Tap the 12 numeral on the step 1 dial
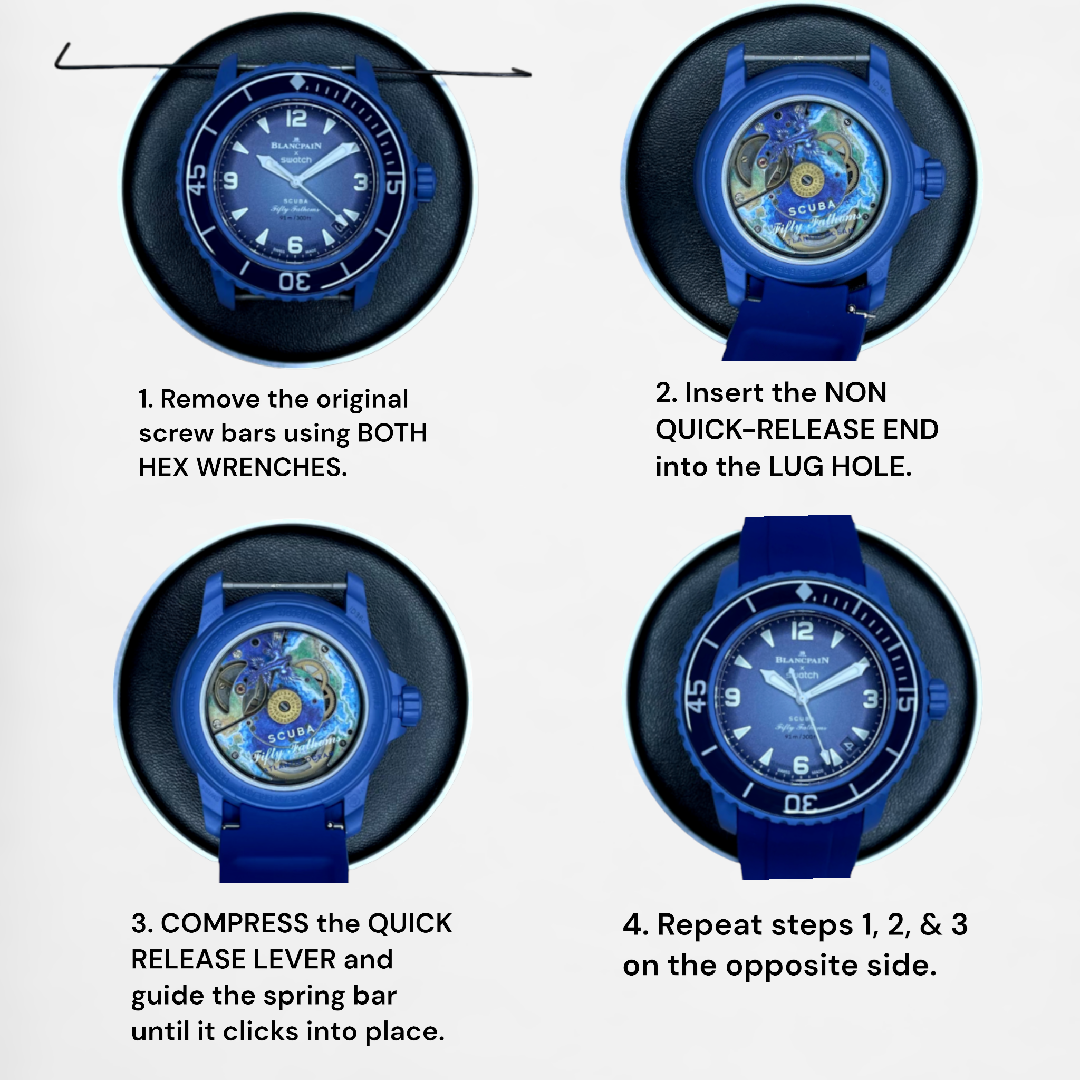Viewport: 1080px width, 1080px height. (296, 119)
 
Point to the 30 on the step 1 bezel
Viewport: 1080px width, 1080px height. (295, 281)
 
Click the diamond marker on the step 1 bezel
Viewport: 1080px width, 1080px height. (297, 83)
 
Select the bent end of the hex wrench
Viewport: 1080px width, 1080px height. (63, 56)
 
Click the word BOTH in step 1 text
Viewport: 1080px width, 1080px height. (392, 433)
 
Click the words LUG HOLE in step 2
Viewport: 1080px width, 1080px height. (840, 467)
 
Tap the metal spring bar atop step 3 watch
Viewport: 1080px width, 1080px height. (284, 586)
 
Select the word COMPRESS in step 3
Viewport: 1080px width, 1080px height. (235, 923)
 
